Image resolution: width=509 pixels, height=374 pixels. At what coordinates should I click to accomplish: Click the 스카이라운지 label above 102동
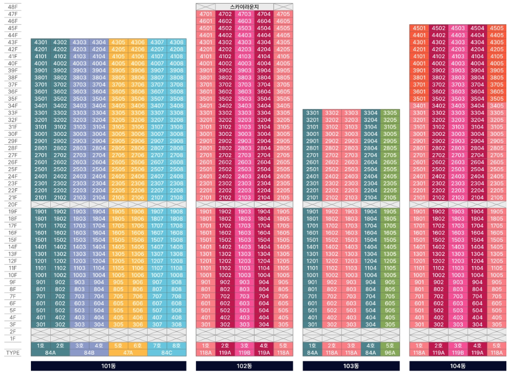(x=245, y=6)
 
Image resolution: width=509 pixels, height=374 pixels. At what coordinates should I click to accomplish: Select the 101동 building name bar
(x=108, y=366)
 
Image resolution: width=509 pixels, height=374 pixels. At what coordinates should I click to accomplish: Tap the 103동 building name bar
(x=351, y=366)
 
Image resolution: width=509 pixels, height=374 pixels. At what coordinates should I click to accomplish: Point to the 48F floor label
(x=13, y=7)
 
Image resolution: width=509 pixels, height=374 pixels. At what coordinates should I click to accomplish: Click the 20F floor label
(x=13, y=205)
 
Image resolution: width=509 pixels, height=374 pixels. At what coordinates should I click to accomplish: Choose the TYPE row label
(x=13, y=353)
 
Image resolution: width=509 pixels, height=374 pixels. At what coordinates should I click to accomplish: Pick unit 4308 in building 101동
(x=176, y=42)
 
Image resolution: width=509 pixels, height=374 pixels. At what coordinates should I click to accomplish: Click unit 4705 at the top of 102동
(x=283, y=14)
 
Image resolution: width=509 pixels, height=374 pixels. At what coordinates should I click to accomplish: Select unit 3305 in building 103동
(x=390, y=113)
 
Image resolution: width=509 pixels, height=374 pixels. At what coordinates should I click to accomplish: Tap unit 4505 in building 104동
(x=496, y=28)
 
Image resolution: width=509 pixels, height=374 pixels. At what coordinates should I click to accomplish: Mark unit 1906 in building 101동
(x=138, y=211)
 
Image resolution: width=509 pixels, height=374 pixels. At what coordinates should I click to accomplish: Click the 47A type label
(x=128, y=353)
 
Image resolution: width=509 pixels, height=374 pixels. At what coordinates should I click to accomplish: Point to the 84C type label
(x=167, y=353)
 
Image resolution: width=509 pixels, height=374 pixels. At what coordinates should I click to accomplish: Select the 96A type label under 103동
(x=390, y=353)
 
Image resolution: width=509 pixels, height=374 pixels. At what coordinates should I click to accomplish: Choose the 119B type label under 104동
(x=457, y=353)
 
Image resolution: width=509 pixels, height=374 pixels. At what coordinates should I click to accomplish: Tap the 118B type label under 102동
(x=245, y=353)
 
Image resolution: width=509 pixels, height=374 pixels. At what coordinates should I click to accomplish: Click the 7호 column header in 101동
(x=157, y=346)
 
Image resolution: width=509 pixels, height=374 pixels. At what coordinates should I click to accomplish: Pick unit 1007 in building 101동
(x=157, y=275)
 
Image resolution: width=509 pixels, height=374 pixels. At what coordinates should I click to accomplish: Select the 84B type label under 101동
(x=89, y=353)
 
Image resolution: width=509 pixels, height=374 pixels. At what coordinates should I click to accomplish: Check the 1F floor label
(x=13, y=339)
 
